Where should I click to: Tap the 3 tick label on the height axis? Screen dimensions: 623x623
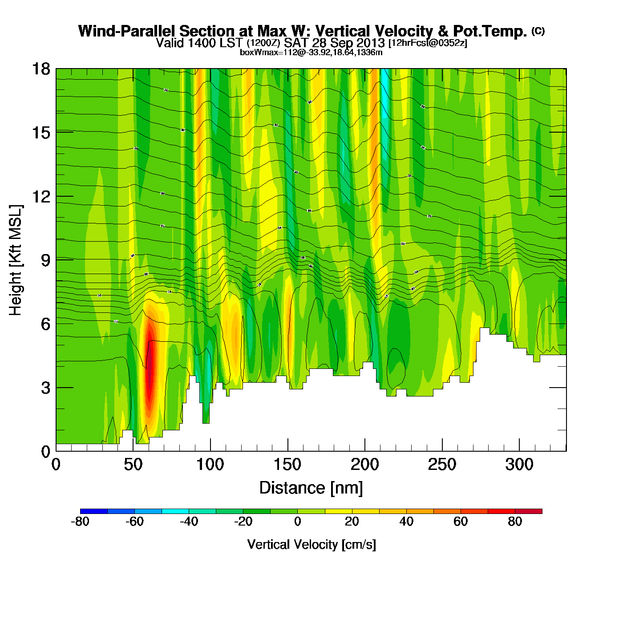[45, 388]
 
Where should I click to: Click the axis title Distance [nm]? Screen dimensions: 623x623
[311, 488]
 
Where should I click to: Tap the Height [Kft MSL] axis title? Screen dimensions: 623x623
[16, 260]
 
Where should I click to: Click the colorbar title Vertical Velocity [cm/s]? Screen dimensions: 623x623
[311, 544]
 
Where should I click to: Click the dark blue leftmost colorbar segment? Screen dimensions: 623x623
[94, 511]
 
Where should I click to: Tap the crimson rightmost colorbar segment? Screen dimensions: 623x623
[529, 511]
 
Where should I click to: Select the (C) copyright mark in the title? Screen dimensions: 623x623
[538, 31]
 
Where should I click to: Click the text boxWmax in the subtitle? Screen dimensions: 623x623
[255, 53]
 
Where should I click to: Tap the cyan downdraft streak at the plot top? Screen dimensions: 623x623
[384, 98]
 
